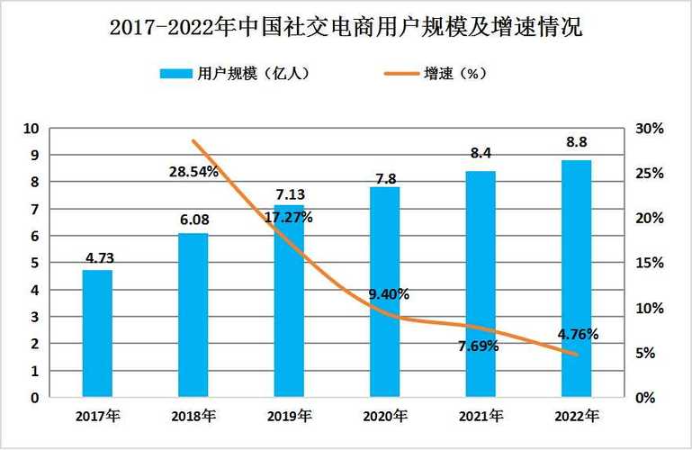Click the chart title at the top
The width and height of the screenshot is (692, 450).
(x=346, y=28)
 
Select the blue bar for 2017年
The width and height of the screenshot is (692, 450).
(x=97, y=333)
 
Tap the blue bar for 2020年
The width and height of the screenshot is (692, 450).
(x=384, y=292)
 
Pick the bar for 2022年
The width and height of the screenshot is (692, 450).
(x=576, y=278)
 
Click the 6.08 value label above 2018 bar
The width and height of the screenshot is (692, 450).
(x=193, y=219)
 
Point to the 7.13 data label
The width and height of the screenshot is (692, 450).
(x=289, y=194)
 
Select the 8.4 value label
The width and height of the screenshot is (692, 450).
(x=481, y=154)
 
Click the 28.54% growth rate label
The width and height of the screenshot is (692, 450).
(x=193, y=171)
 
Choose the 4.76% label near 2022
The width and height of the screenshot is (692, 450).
(x=577, y=334)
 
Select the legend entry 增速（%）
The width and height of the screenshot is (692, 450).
(x=455, y=74)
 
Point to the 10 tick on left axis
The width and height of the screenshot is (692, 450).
(x=31, y=129)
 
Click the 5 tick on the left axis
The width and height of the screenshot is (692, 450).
(x=34, y=263)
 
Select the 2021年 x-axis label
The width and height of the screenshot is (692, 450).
(x=480, y=416)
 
